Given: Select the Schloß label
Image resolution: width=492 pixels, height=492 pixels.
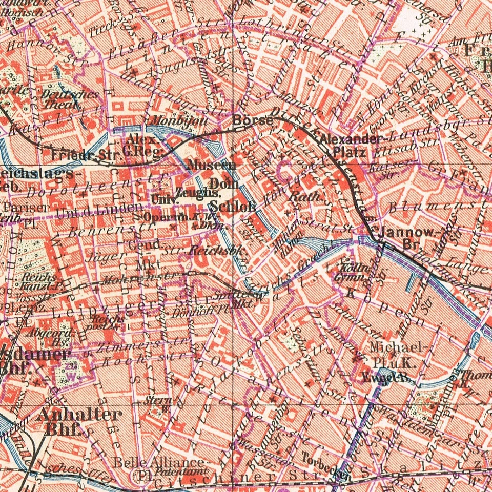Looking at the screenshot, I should (x=233, y=207).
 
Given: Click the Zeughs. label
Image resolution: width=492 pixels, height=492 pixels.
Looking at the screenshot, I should (x=198, y=193).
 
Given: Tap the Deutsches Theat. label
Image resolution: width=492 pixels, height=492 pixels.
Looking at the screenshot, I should (x=62, y=98).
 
